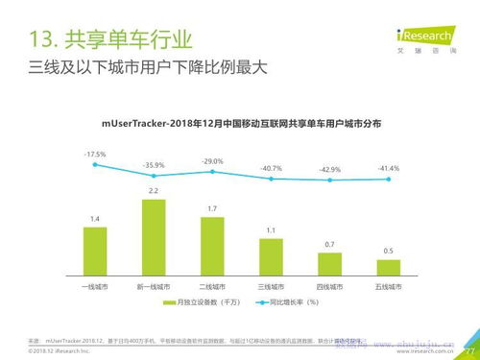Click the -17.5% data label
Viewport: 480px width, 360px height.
pyautogui.click(x=94, y=154)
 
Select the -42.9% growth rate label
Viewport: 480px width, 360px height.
pyautogui.click(x=329, y=169)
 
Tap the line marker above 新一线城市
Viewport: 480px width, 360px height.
pyautogui.click(x=154, y=176)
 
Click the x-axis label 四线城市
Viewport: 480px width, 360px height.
pyautogui.click(x=329, y=286)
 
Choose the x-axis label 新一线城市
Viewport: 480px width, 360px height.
pyautogui.click(x=154, y=286)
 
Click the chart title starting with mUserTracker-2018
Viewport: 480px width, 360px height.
pyautogui.click(x=241, y=123)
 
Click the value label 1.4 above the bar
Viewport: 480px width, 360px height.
pyautogui.click(x=95, y=219)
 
